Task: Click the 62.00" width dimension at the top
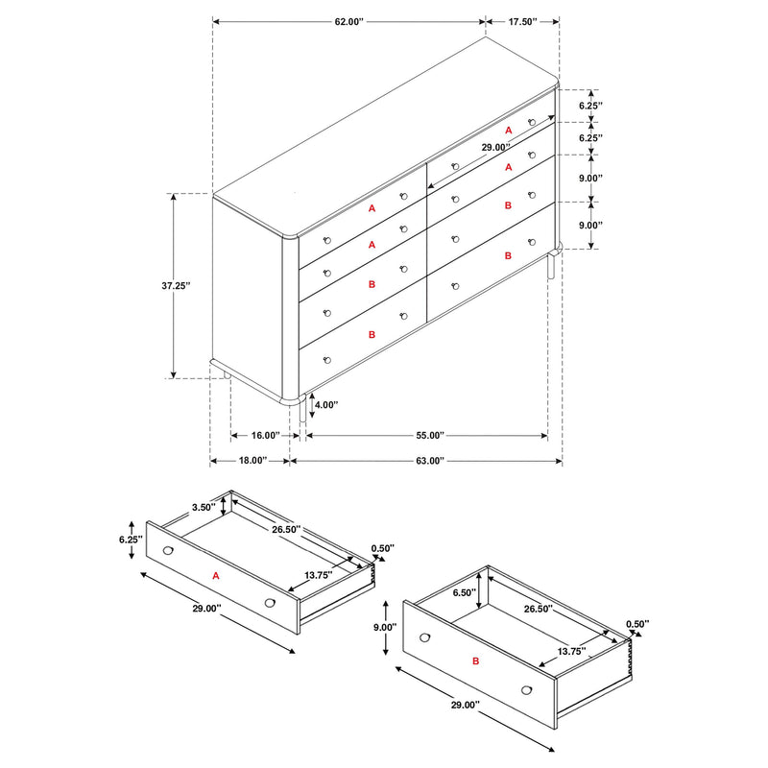tap(348, 20)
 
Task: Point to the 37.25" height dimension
tap(176, 285)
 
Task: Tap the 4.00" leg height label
tap(326, 405)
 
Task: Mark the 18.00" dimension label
tap(252, 461)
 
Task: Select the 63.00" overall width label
tap(427, 461)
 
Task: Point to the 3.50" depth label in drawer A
tap(203, 506)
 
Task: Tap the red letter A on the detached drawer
tap(216, 576)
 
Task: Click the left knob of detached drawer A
tap(169, 551)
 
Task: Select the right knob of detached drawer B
tap(527, 689)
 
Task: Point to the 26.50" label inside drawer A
tap(286, 529)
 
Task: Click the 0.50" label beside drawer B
tap(636, 624)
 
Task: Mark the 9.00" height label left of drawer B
tap(384, 627)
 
